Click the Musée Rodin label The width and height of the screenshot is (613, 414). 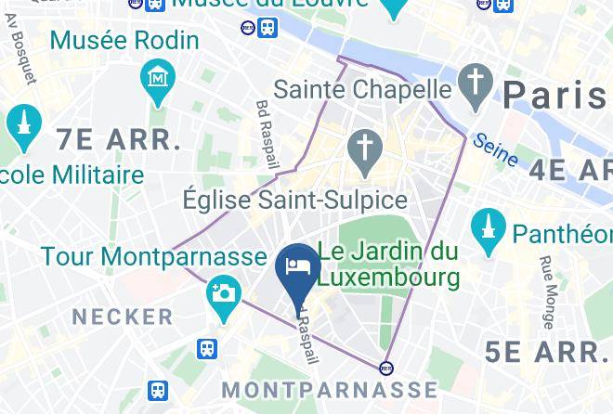(124, 41)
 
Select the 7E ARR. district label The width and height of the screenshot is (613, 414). (118, 140)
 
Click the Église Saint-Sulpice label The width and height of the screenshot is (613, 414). (294, 201)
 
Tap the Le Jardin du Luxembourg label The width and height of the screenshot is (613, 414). (389, 264)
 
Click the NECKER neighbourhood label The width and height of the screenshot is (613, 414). (123, 317)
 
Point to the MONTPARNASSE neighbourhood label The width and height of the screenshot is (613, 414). (330, 388)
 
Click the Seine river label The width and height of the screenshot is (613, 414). (494, 149)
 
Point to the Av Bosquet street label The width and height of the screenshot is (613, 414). (27, 58)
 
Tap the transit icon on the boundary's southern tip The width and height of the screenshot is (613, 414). (386, 366)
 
